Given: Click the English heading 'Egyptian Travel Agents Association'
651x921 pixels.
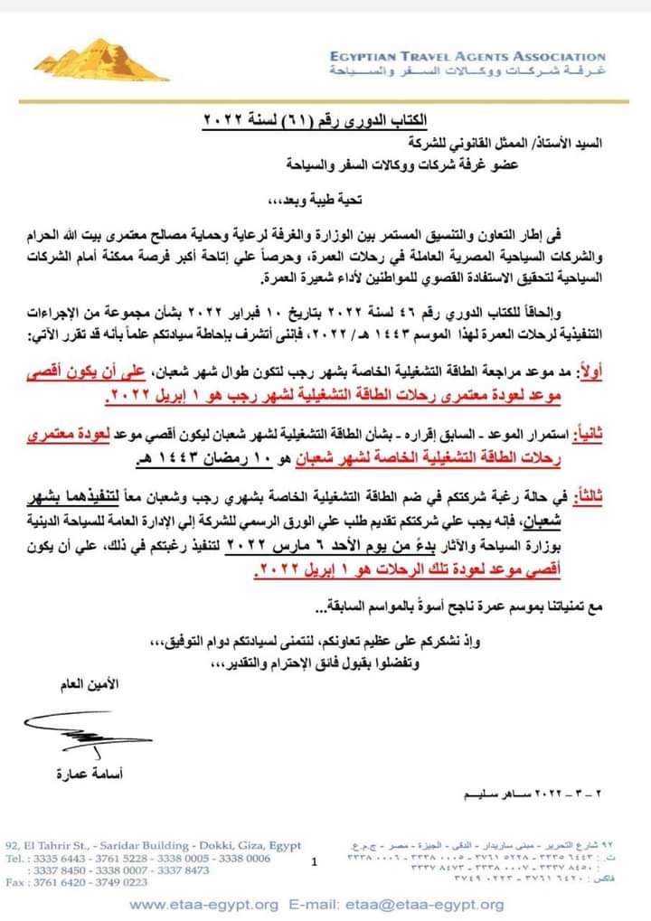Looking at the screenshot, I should [x=467, y=57].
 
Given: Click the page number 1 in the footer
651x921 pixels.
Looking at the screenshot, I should [x=314, y=862].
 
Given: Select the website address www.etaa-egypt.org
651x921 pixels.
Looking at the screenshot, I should [x=203, y=904].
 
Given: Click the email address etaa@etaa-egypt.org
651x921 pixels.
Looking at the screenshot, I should [x=439, y=904].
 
